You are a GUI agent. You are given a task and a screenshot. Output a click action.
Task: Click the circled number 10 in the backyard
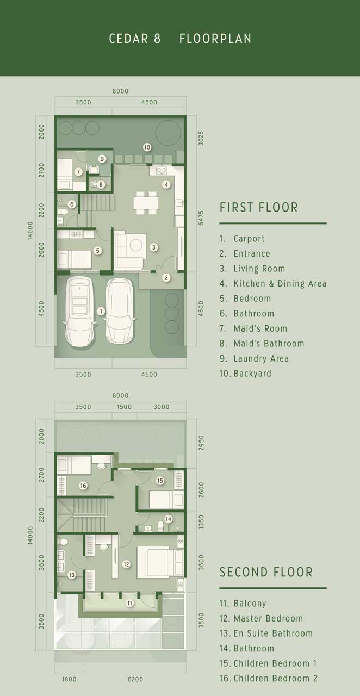(147, 147)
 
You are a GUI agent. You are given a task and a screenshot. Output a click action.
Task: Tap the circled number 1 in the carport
(101, 311)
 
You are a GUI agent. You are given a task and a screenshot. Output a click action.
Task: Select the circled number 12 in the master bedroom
(126, 564)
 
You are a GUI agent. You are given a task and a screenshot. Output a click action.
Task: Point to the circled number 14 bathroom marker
(168, 519)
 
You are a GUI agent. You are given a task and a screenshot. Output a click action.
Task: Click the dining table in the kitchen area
(146, 203)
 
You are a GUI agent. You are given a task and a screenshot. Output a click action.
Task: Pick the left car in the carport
(80, 312)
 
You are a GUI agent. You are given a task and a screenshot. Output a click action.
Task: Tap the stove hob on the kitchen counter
(162, 170)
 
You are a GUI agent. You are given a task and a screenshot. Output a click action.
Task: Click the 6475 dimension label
(201, 218)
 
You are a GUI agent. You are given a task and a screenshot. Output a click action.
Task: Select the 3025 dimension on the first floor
(201, 138)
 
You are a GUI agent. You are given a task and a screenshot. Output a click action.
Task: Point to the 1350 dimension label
(201, 522)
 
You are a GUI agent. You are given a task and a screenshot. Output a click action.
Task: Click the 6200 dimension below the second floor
(135, 679)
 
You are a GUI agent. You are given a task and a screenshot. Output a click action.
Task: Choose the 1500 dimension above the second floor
(124, 407)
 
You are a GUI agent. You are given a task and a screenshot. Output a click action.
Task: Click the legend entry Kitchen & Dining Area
(280, 283)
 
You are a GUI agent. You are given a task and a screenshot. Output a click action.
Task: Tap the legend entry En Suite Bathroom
(273, 633)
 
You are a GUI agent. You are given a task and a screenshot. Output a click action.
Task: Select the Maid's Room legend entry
(260, 328)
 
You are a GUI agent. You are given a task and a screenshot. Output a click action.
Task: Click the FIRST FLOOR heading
(259, 207)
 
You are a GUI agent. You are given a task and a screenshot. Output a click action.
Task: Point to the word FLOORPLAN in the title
(215, 39)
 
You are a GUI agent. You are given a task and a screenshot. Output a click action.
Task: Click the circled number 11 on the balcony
(129, 603)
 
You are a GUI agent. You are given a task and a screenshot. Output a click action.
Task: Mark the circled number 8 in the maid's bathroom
(101, 184)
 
